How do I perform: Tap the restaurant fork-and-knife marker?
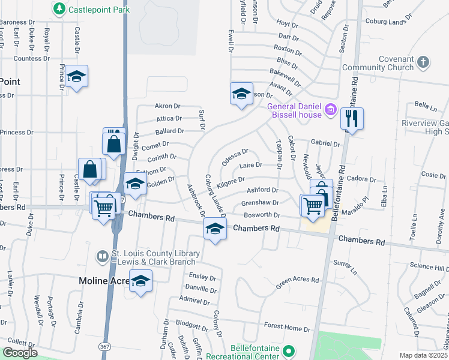352,118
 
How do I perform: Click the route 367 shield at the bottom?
104,347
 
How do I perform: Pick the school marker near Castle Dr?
76,76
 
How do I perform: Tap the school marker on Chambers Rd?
215,229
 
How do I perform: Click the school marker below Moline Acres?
140,281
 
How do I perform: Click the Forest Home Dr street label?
287,327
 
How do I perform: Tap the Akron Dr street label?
167,106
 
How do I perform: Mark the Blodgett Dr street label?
191,325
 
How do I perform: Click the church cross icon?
423,62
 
